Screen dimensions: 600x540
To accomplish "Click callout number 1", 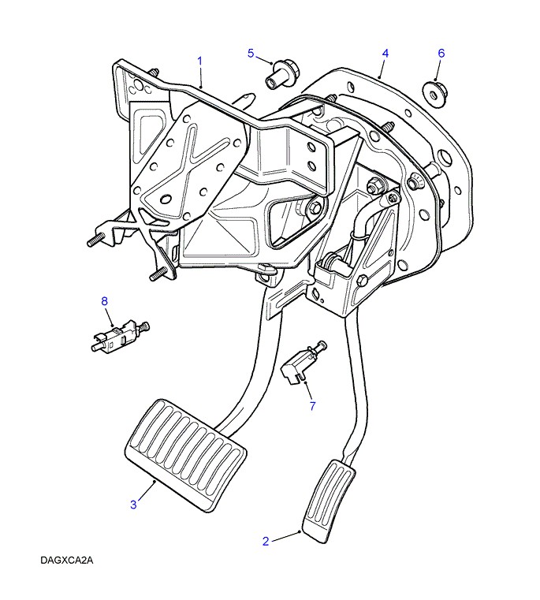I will (x=200, y=60).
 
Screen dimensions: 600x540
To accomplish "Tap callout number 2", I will (x=266, y=541).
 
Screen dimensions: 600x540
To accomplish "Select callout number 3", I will (x=133, y=504).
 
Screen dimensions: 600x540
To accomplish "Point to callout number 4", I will (x=385, y=53).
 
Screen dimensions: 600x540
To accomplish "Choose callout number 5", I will (x=251, y=53).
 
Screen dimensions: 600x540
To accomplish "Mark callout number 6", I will (x=441, y=53).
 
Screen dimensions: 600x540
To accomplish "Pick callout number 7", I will (x=311, y=406).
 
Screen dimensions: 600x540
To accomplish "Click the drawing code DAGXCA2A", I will (x=68, y=561).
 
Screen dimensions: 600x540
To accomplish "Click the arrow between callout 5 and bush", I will (x=266, y=59).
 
